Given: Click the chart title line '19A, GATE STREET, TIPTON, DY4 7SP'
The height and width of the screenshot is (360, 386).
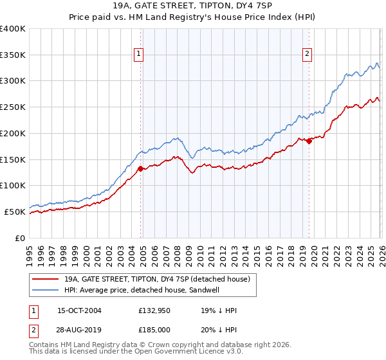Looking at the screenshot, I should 193,6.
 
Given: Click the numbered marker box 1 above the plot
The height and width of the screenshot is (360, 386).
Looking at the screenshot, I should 138,54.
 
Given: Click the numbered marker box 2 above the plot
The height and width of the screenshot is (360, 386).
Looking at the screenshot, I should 308,54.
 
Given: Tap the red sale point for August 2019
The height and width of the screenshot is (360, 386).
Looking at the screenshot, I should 309,141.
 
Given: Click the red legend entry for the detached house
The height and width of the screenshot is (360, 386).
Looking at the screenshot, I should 161,279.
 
